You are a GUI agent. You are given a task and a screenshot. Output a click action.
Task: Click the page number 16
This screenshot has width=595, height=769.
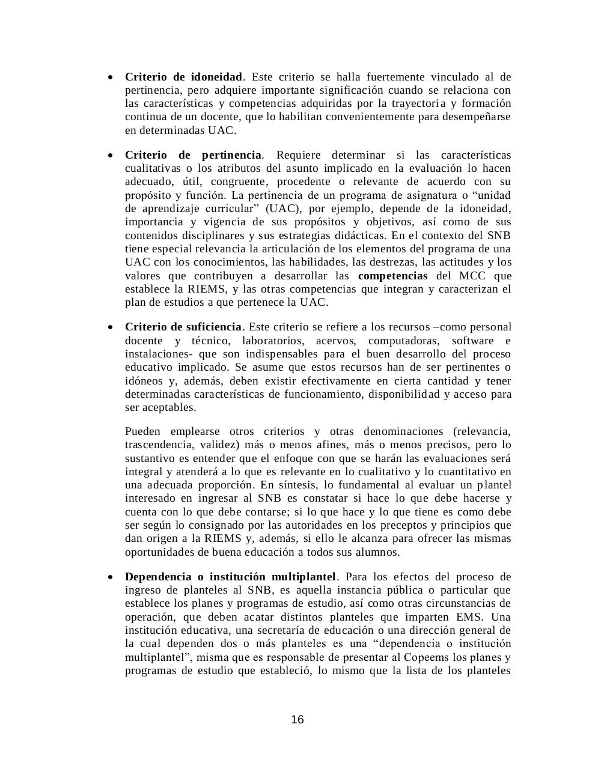click(297, 720)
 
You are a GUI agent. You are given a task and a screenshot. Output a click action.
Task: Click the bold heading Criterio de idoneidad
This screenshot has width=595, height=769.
click(183, 77)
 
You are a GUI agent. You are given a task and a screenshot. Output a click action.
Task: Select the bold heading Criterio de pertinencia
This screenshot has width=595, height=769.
click(193, 155)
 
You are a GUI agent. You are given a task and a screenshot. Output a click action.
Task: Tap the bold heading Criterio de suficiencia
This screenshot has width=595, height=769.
click(183, 327)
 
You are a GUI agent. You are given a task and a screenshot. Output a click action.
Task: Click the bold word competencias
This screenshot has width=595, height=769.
click(392, 276)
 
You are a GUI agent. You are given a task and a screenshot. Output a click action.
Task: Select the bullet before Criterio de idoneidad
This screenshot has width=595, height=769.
click(109, 78)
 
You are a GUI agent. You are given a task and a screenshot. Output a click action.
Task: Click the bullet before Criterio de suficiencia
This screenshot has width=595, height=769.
click(109, 327)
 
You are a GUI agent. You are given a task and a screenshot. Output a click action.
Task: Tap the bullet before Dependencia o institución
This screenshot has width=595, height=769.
click(109, 577)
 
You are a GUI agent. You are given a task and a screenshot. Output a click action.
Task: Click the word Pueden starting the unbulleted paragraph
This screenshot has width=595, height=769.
click(144, 431)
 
